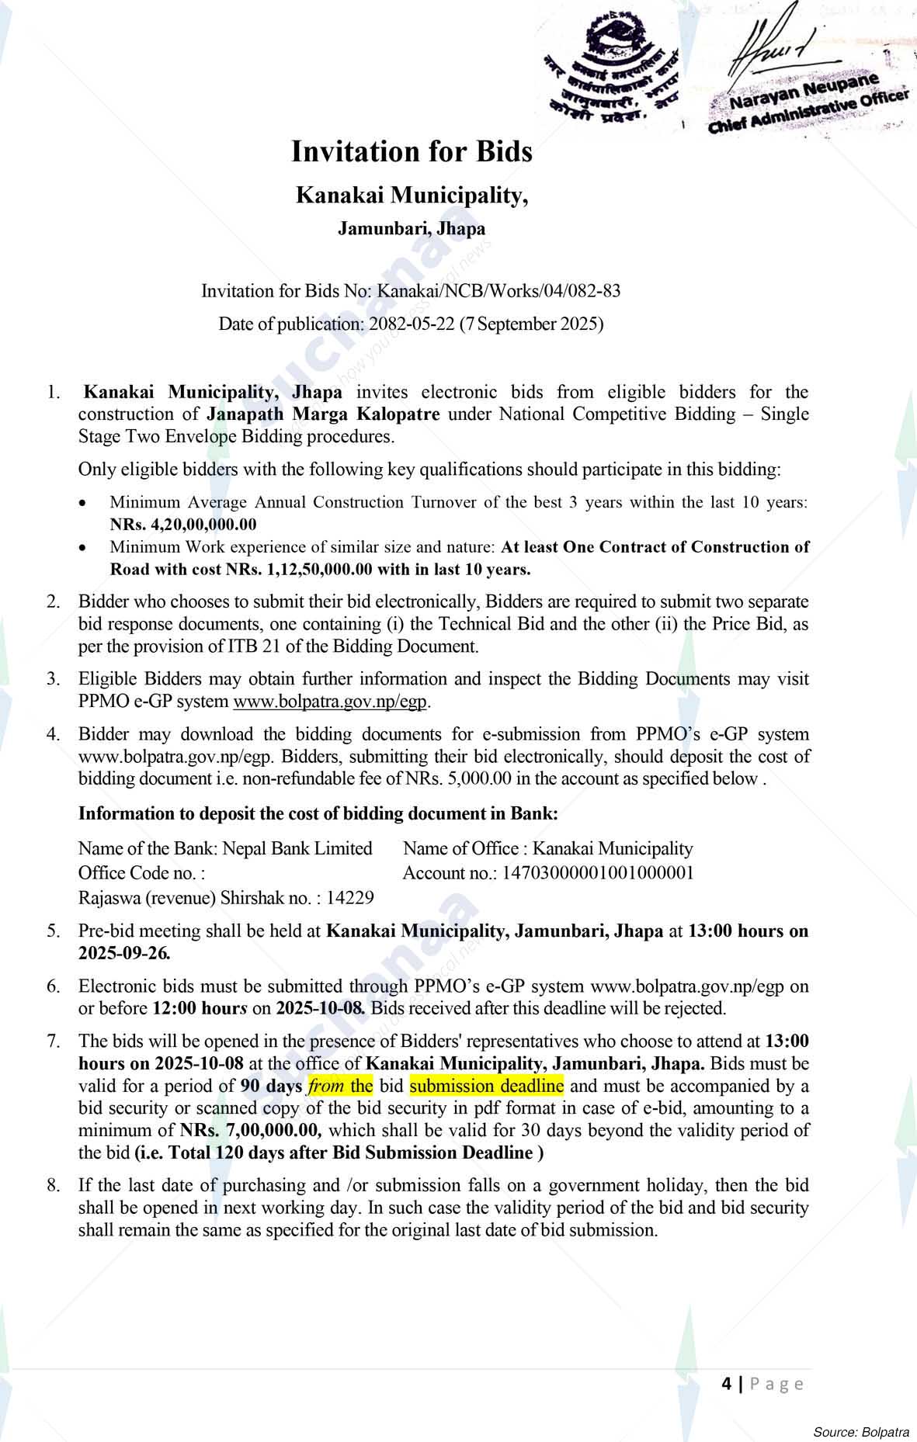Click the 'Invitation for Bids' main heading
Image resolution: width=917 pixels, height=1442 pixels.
coord(412,152)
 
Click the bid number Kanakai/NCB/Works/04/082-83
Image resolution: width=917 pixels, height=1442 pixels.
coord(498,291)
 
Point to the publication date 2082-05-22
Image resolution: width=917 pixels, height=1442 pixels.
coord(412,324)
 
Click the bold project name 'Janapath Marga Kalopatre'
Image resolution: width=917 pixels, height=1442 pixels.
coord(323,414)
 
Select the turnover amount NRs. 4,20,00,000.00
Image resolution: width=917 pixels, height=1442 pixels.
coord(183,525)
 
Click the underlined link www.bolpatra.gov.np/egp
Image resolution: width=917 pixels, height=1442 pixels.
coord(331,702)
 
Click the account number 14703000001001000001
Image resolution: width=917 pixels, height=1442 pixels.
coord(598,873)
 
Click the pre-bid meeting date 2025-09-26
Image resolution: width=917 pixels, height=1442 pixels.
coord(123,953)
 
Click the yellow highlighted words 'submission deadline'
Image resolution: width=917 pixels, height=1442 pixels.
coord(486,1085)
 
